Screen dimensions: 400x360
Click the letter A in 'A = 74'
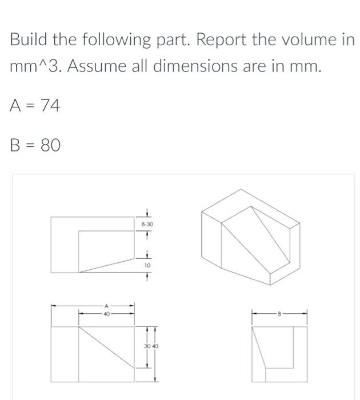(x=15, y=106)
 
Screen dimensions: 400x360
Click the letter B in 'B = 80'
(x=15, y=145)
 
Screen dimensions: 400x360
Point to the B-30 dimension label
(x=147, y=225)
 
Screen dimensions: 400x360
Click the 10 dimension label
(x=147, y=266)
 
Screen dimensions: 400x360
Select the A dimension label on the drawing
(x=106, y=306)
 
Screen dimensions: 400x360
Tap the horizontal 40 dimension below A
(x=106, y=313)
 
